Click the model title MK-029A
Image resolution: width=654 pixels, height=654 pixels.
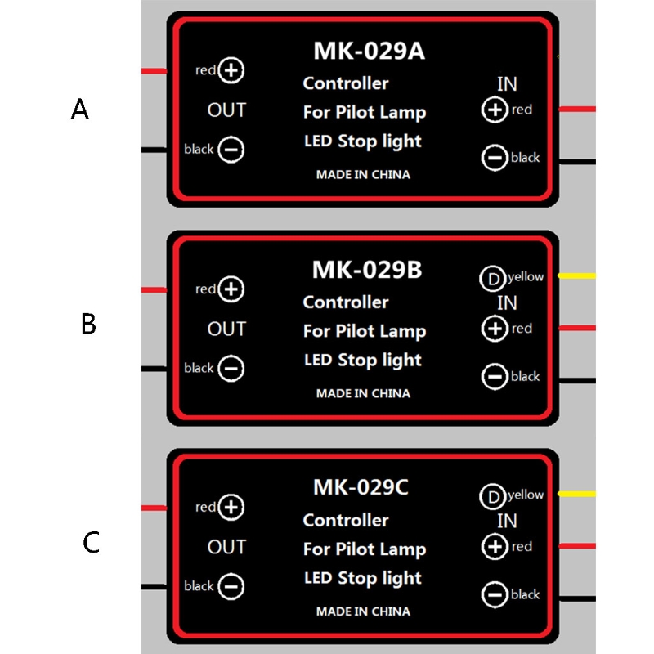coord(369,51)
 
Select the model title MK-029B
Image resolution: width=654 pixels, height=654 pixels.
coord(367,269)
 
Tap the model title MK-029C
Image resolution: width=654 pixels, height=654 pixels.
coord(361,488)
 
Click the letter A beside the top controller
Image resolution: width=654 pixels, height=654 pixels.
coord(79,110)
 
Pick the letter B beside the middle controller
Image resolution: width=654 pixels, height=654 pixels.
coord(89,325)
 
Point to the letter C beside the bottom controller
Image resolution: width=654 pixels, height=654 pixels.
coord(92,543)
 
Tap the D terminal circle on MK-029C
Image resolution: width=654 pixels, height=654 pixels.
coord(492,496)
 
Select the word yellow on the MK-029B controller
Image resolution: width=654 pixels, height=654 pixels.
coord(525,277)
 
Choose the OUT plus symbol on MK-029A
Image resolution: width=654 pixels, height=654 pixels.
coord(232,70)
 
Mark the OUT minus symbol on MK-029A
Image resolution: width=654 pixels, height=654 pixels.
coord(232,150)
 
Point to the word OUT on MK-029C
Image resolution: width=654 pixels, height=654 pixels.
coord(226,547)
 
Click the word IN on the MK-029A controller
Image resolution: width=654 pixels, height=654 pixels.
coord(507,83)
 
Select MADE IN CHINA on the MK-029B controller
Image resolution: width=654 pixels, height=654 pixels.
coord(363,393)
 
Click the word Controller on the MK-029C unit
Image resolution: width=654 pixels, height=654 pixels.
coord(346,520)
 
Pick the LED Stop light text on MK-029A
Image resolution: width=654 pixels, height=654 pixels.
coord(363,141)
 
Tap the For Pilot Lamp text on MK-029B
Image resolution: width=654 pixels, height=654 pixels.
coord(365,331)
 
